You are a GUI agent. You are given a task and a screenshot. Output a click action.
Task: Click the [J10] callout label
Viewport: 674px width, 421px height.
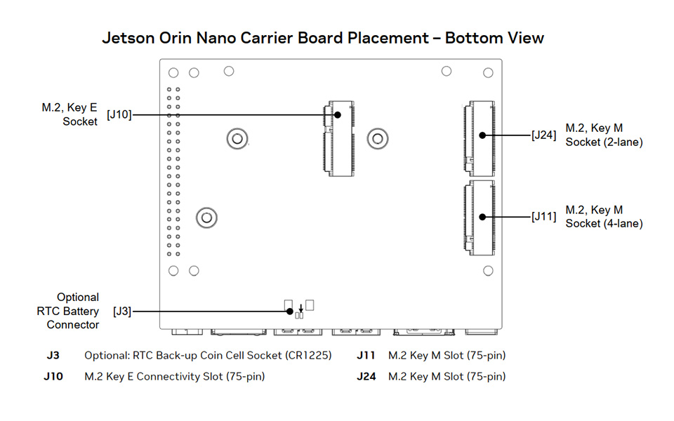click(119, 114)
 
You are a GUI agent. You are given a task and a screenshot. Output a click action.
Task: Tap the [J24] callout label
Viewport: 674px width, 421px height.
click(543, 135)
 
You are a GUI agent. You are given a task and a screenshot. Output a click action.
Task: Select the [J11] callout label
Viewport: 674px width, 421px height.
click(543, 217)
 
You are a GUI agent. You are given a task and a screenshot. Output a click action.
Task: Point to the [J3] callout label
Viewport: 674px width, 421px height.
click(121, 311)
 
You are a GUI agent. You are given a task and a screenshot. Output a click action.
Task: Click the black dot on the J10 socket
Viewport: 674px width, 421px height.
click(338, 114)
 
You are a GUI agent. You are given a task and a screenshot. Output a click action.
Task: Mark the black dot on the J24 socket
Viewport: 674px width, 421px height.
click(483, 135)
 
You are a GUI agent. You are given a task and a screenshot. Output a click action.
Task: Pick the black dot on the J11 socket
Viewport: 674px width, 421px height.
click(483, 217)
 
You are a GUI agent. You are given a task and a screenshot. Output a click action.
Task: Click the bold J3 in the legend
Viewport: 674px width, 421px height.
click(53, 355)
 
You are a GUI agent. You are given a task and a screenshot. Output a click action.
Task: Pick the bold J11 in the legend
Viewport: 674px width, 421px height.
click(366, 355)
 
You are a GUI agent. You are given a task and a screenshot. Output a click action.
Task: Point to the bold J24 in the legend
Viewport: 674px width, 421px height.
click(366, 377)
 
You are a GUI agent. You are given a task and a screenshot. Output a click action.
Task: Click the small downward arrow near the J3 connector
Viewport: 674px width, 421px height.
click(300, 307)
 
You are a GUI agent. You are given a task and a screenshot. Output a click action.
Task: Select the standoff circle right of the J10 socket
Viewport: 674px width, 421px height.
click(378, 138)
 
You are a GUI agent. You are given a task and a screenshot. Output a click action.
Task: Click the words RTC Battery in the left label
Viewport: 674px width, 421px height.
click(68, 311)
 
